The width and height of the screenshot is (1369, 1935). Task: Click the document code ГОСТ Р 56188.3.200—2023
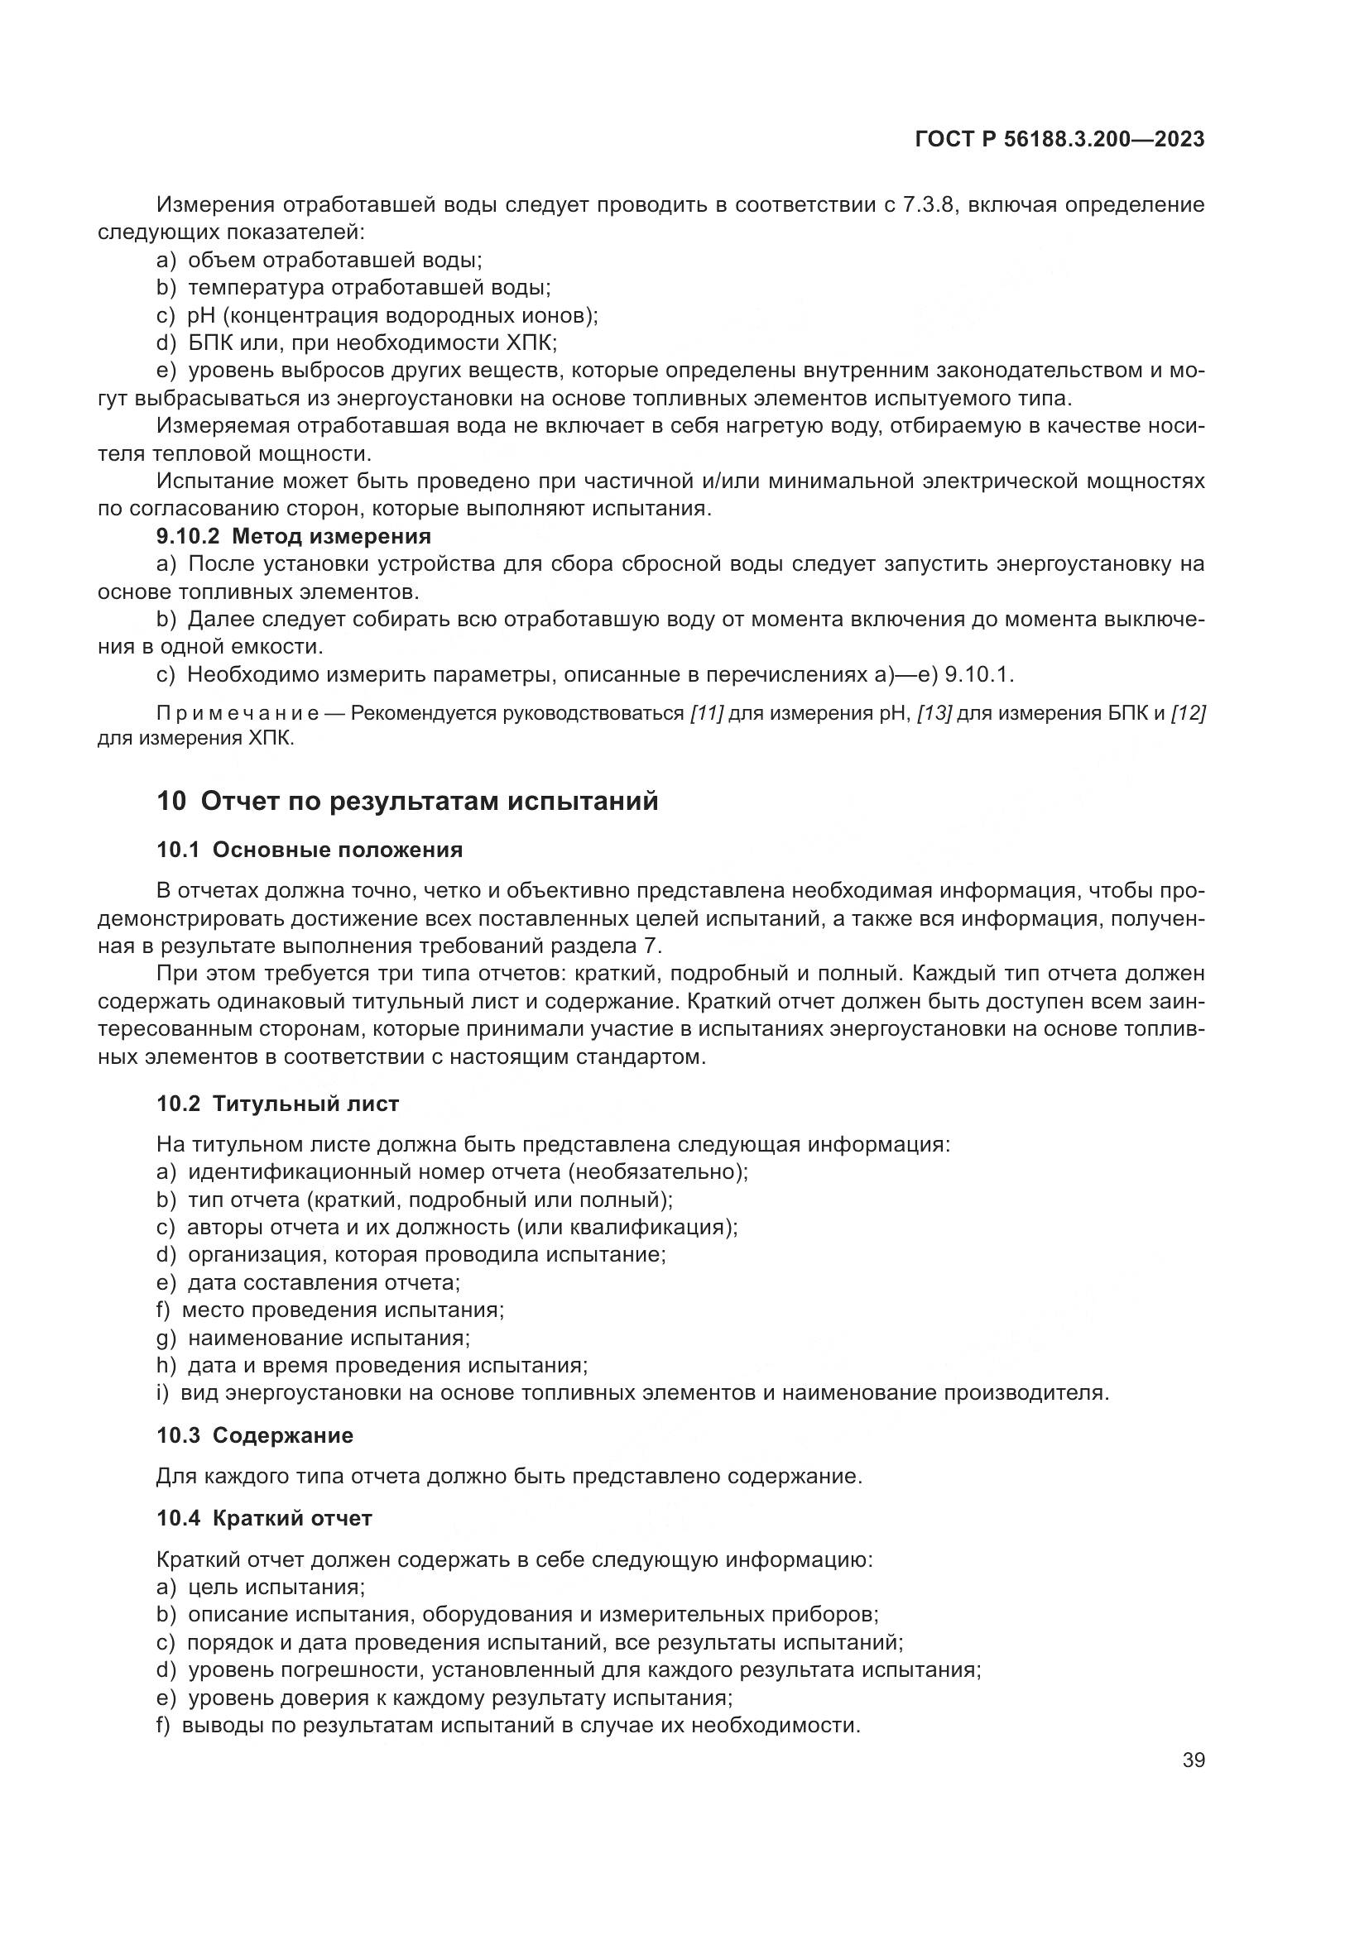pos(1059,140)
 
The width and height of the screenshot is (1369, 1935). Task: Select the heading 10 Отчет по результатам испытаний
pos(407,801)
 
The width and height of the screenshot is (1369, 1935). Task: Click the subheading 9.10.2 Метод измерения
pos(293,536)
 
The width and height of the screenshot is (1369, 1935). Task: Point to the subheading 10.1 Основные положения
pos(310,850)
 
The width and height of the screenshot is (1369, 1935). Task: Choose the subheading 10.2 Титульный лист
pos(277,1104)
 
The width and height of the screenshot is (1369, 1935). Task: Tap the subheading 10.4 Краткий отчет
pos(264,1519)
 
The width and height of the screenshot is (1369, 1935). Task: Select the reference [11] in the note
pos(706,714)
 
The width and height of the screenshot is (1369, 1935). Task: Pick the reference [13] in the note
pos(934,714)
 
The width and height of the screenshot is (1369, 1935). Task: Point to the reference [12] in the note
pos(1189,714)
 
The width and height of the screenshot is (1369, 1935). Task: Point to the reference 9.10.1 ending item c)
pos(978,675)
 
